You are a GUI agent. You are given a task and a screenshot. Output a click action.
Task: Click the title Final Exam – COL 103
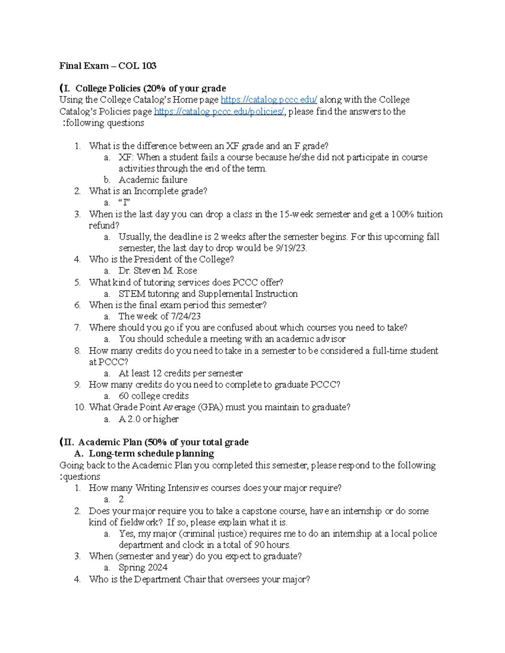[x=108, y=66]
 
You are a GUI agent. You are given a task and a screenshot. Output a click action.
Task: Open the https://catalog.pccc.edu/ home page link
[x=268, y=100]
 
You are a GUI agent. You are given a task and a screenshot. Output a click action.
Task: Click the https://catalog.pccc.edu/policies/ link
[x=219, y=111]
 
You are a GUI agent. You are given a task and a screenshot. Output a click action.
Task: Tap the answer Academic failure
[x=153, y=180]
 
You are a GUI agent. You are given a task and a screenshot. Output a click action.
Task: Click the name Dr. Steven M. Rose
[x=157, y=271]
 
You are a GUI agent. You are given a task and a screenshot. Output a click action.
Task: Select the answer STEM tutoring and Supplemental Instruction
[x=208, y=293]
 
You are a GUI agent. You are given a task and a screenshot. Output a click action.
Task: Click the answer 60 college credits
[x=153, y=396]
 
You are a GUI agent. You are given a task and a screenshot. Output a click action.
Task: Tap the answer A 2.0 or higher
[x=149, y=419]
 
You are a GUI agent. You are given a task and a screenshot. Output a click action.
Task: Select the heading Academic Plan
[x=110, y=442]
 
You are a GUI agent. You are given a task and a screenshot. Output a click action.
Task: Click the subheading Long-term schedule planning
[x=151, y=454]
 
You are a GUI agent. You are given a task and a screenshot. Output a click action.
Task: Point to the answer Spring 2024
[x=143, y=568]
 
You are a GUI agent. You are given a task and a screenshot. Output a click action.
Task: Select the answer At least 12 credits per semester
[x=181, y=373]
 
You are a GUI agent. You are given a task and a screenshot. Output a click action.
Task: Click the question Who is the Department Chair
[x=199, y=579]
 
